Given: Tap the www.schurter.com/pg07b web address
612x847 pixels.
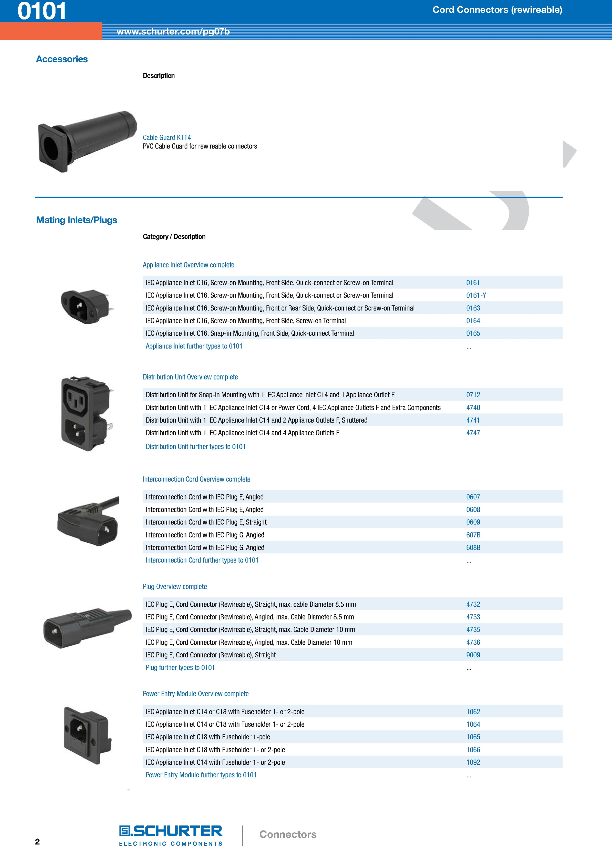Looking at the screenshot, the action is coord(173,31).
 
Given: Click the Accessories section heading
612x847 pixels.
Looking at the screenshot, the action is coord(62,59).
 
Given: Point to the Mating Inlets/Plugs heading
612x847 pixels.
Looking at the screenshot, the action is coord(76,220).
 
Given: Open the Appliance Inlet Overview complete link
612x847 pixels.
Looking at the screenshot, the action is coord(188,265).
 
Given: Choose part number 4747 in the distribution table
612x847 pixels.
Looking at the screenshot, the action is coord(473,433).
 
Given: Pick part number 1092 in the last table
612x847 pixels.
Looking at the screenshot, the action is coord(473,762).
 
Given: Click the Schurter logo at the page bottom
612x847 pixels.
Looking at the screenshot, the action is coord(171,835).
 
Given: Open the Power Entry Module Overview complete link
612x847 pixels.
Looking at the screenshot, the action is coord(196,694).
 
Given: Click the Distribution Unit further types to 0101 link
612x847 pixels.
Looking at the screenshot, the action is coord(196,447).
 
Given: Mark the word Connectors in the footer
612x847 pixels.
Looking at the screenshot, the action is coord(288,834).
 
